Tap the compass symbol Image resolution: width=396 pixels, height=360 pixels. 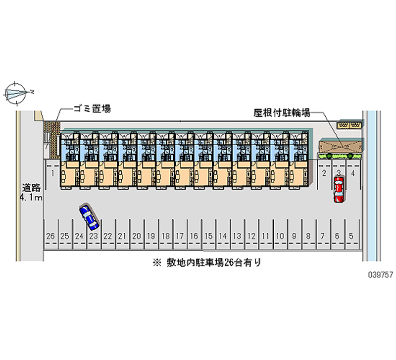tap(16, 93)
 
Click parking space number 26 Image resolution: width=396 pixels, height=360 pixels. tap(50, 237)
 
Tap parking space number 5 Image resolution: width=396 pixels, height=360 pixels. tap(351, 237)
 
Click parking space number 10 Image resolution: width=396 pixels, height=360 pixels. tap(280, 237)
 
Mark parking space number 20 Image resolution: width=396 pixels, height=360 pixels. tap(137, 237)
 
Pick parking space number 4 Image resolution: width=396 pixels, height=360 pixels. tap(353, 173)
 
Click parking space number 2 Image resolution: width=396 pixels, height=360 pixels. tap(324, 173)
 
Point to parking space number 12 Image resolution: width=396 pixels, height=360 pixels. tap(251, 237)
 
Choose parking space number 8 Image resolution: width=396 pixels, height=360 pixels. tap(308, 237)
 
